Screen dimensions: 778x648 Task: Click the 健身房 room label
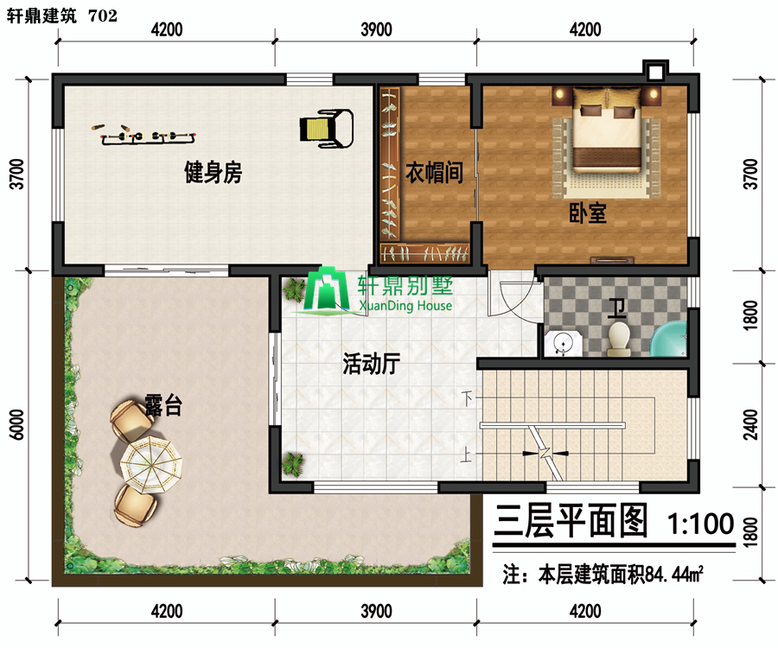(x=213, y=173)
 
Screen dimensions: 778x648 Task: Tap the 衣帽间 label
(x=434, y=173)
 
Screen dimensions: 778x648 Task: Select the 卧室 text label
(x=588, y=213)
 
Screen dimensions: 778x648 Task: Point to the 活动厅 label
(x=371, y=364)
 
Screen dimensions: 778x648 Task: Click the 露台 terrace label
(x=163, y=404)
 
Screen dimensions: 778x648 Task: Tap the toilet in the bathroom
(x=619, y=340)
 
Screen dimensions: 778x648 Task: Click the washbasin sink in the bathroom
(x=563, y=343)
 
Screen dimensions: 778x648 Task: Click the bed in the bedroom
(x=606, y=130)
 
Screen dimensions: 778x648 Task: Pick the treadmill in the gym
(x=327, y=129)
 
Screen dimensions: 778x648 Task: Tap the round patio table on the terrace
(x=150, y=465)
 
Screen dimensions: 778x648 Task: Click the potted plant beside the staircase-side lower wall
(x=293, y=465)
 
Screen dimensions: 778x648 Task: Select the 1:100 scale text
(x=700, y=524)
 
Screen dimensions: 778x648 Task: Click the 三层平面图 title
(x=571, y=521)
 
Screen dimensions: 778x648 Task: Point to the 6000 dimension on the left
(x=17, y=424)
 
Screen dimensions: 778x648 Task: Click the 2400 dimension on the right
(x=752, y=424)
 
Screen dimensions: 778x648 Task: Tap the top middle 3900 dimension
(x=376, y=29)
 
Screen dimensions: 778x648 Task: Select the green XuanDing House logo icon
(x=326, y=290)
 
